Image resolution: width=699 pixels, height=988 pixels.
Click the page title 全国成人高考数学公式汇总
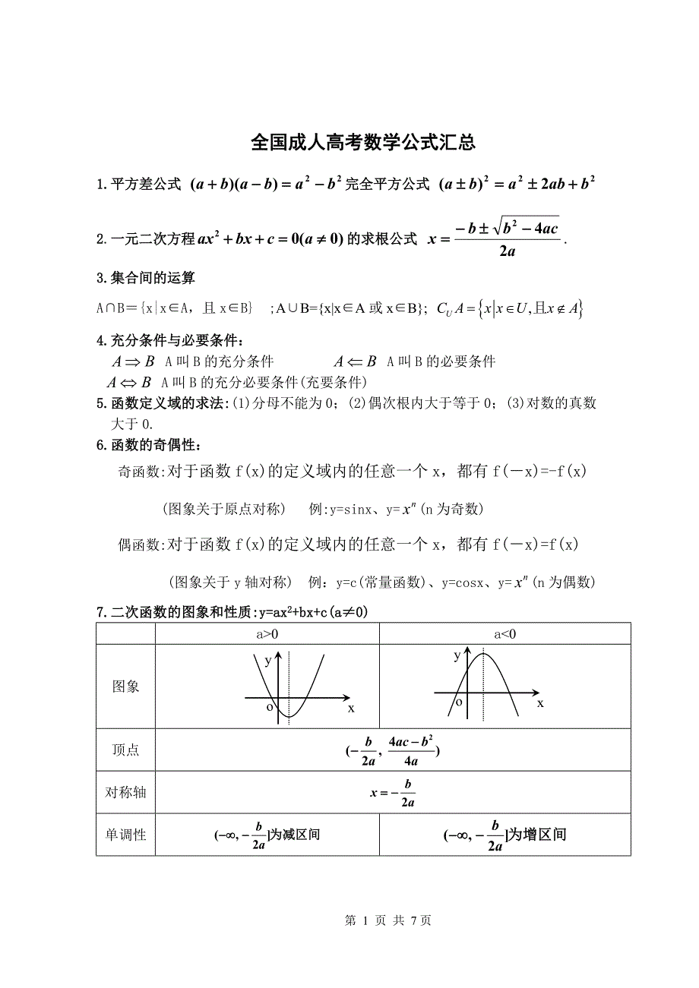tap(363, 143)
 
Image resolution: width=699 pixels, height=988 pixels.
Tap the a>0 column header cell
tap(267, 634)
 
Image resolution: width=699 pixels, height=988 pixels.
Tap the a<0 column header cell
tap(504, 634)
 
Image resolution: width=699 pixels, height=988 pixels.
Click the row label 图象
tap(126, 687)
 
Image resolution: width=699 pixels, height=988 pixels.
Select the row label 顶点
tap(126, 750)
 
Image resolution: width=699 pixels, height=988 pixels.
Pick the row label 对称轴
tap(126, 792)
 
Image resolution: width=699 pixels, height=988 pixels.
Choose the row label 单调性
tap(126, 835)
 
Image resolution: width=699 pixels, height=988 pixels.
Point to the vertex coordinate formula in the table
tap(393, 750)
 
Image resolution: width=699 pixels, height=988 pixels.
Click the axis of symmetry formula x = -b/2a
tap(393, 792)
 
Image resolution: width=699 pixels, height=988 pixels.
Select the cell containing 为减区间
tap(267, 835)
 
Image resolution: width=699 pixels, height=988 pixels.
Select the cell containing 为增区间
tap(505, 835)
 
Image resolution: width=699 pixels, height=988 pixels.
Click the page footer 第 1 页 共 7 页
tap(388, 920)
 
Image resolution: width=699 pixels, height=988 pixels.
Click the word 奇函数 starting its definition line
tap(137, 472)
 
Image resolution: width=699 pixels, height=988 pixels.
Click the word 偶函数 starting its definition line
tap(137, 545)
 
